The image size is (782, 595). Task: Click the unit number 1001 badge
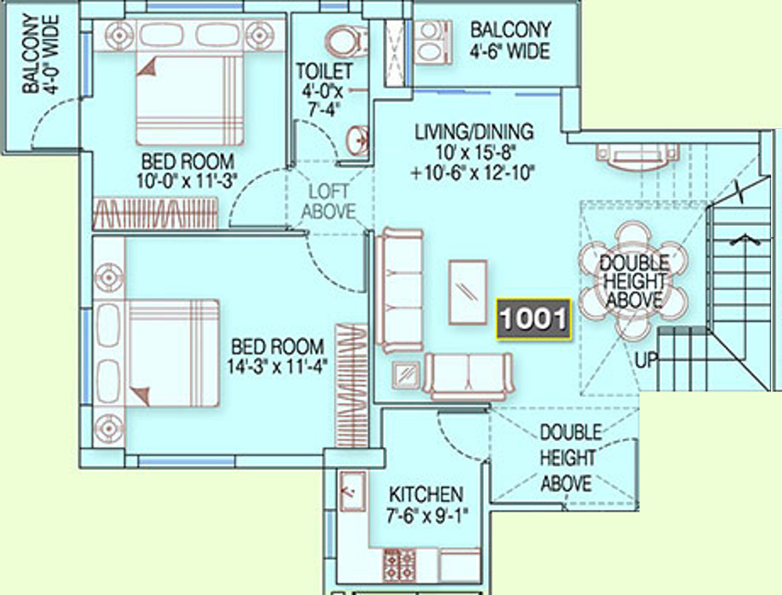[x=533, y=319]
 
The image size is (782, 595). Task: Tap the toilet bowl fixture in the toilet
[x=346, y=41]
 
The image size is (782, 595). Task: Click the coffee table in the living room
[x=468, y=292]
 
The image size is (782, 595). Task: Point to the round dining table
[x=633, y=281]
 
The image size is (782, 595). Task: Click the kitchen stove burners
[x=399, y=565]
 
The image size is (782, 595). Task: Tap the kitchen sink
[x=353, y=491]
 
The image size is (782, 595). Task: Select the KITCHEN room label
[x=426, y=495]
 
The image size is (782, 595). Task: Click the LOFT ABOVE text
[x=328, y=202]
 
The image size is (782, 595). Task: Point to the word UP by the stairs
[x=647, y=360]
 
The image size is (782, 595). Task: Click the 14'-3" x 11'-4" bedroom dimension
[x=277, y=367]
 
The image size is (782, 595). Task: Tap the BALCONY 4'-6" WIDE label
[x=510, y=41]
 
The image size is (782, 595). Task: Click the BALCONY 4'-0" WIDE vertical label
[x=41, y=54]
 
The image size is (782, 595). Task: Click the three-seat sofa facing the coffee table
[x=400, y=291]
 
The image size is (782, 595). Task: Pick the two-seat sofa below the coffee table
[x=468, y=376]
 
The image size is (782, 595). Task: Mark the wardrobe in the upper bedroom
[x=156, y=213]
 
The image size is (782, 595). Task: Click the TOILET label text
[x=325, y=71]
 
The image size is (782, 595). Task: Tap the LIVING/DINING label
[x=475, y=131]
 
